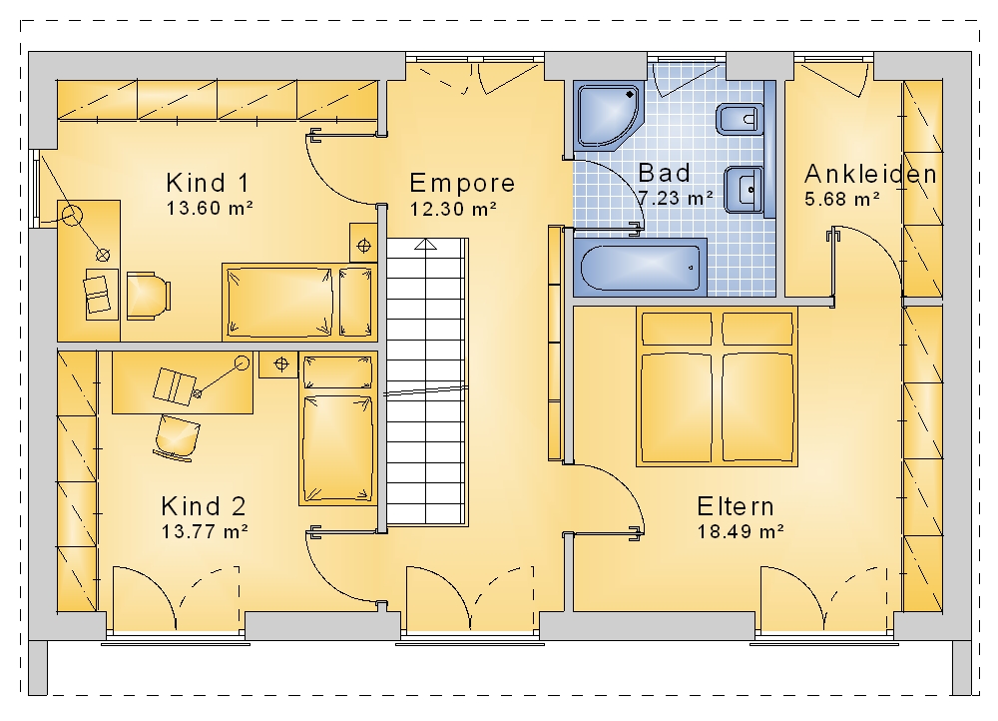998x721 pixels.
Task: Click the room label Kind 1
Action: (x=208, y=183)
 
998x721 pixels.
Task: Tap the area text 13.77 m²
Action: (x=205, y=531)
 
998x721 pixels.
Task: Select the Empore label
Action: (x=462, y=184)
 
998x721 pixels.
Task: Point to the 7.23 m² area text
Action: (x=675, y=198)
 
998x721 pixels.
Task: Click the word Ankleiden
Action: (x=870, y=174)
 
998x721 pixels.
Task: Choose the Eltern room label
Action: (x=736, y=506)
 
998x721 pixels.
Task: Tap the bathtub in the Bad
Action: (x=641, y=268)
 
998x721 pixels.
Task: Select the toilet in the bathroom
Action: (x=740, y=119)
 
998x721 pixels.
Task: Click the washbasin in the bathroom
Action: (x=744, y=189)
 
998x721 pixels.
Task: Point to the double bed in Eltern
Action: (x=717, y=386)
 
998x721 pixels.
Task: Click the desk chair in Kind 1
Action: (x=149, y=296)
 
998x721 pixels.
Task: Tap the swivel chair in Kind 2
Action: (x=176, y=437)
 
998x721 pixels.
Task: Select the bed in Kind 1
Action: (x=299, y=302)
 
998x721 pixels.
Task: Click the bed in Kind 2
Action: (x=337, y=429)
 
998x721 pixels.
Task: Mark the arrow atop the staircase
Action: (x=426, y=245)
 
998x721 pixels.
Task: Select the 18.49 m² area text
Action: (x=741, y=531)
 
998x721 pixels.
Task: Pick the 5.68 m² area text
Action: (x=842, y=200)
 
